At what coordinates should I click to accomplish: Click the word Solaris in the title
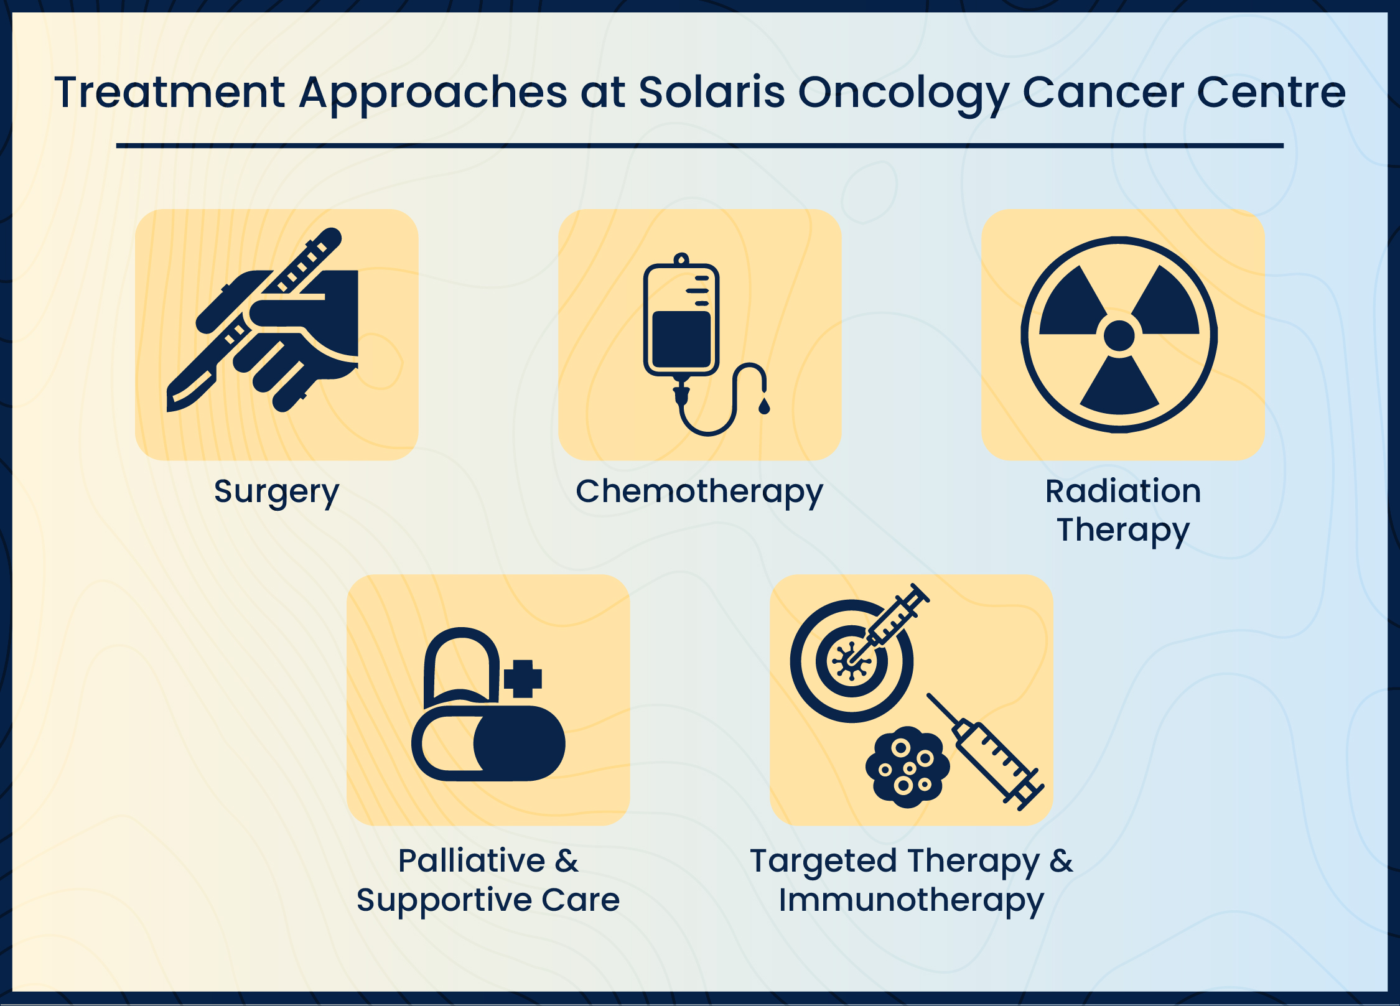[x=712, y=92]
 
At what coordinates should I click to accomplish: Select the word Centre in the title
[x=1272, y=92]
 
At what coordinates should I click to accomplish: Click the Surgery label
[x=277, y=492]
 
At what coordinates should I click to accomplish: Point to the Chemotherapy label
[x=699, y=492]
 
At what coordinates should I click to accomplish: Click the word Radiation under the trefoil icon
[x=1123, y=491]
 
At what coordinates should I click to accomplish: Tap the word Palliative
[x=472, y=860]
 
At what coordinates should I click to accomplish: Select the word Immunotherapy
[x=912, y=901]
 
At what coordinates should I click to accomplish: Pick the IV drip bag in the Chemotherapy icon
[x=681, y=319]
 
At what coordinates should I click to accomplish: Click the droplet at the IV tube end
[x=764, y=406]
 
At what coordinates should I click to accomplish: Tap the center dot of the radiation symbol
[x=1119, y=336]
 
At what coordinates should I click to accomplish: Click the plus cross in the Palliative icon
[x=523, y=679]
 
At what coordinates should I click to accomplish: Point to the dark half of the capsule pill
[x=520, y=743]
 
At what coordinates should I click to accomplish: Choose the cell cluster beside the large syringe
[x=908, y=767]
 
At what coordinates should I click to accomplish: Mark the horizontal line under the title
[x=700, y=146]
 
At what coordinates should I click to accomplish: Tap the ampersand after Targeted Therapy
[x=1062, y=861]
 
